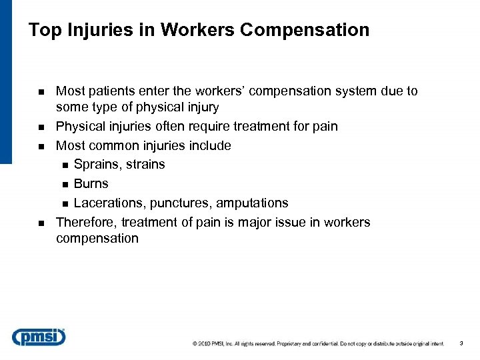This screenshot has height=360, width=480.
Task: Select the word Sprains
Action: click(x=95, y=165)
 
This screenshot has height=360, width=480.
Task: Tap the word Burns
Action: click(x=91, y=184)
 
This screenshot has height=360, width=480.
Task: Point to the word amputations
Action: click(x=250, y=203)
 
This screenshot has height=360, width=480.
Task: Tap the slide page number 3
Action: click(x=461, y=344)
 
